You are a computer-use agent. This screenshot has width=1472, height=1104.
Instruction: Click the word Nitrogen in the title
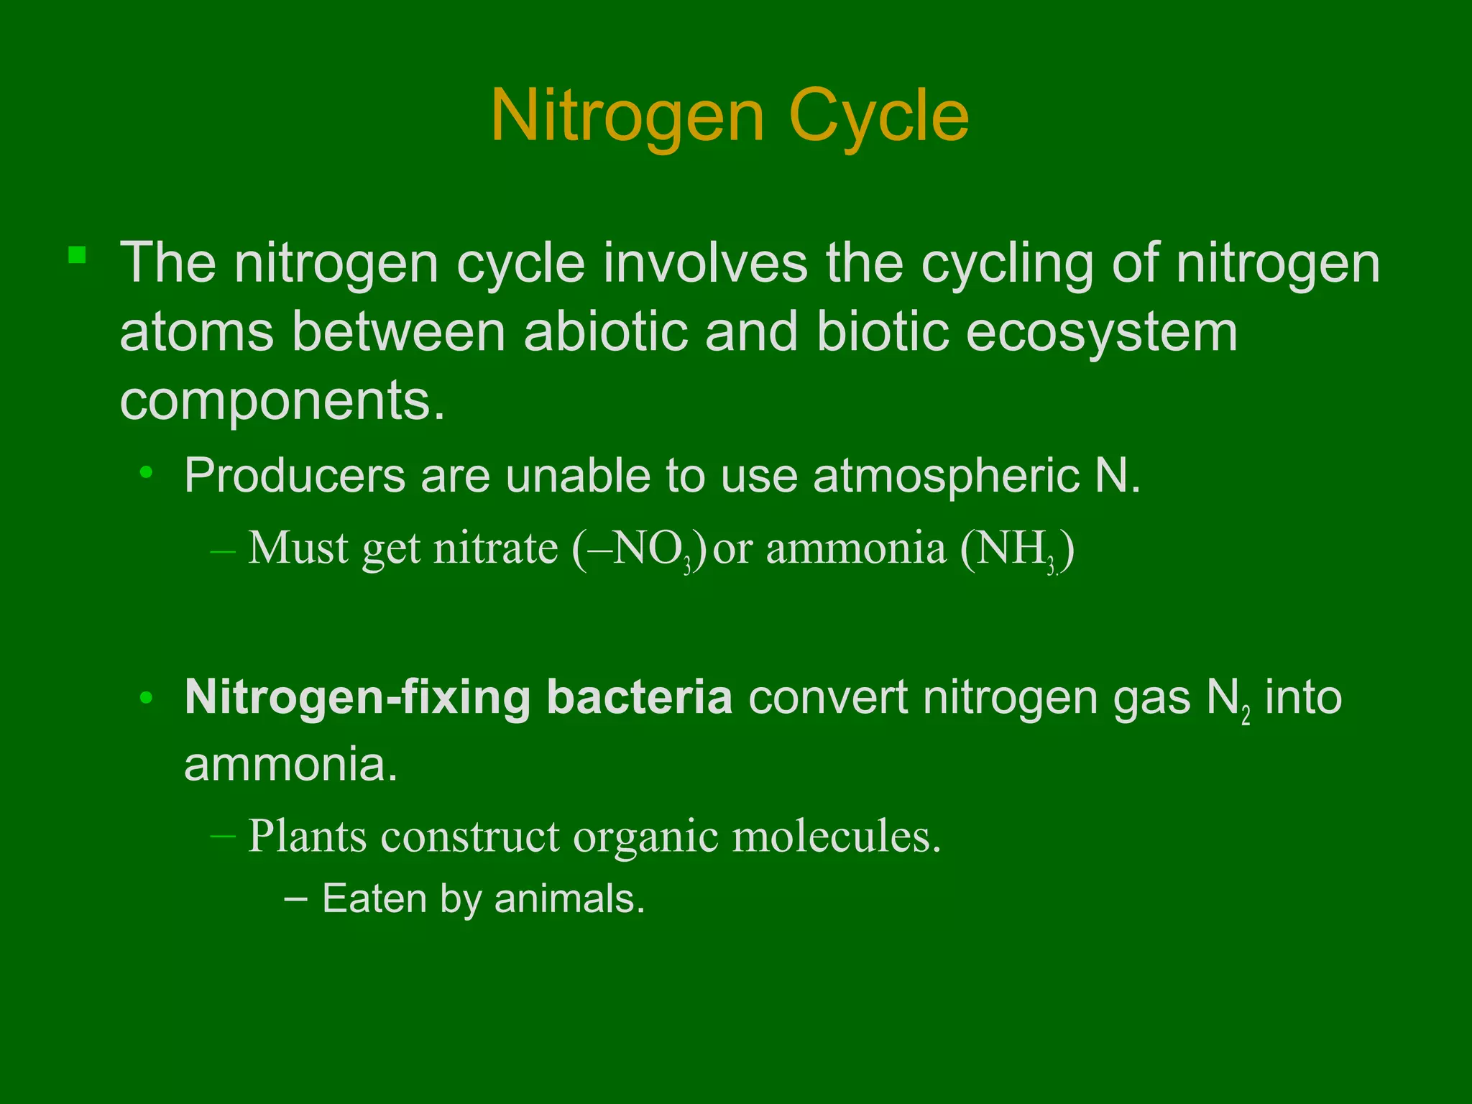click(627, 116)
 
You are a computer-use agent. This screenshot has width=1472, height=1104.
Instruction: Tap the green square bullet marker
click(78, 255)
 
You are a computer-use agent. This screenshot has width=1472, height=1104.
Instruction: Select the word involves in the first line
click(705, 263)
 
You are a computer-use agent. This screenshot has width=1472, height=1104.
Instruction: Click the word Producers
click(295, 475)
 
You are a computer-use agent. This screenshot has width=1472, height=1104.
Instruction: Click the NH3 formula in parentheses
click(1018, 550)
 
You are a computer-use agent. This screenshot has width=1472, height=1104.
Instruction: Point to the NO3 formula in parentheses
click(640, 550)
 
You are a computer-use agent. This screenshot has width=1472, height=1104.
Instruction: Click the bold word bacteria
click(639, 696)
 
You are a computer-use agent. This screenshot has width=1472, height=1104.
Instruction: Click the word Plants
click(307, 836)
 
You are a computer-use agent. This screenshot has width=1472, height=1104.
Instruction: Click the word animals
click(569, 898)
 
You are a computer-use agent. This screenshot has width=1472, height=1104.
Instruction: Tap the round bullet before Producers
click(147, 473)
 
